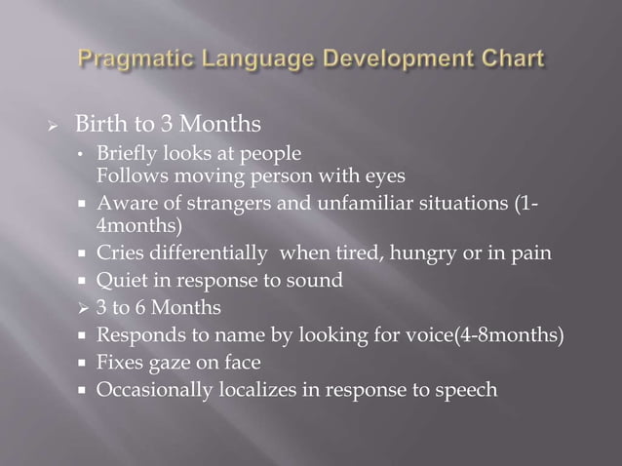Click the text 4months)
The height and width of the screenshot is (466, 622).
pos(138,225)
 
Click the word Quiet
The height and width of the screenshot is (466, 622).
pos(119,281)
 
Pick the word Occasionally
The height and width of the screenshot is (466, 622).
pos(151,391)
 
